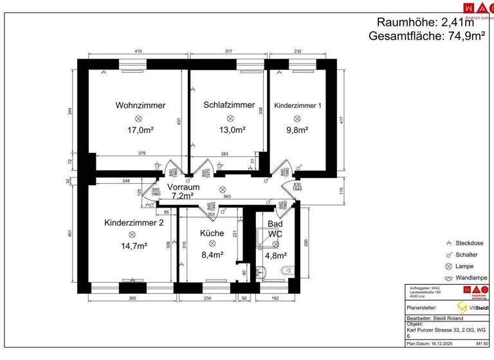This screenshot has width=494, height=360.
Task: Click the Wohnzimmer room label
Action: (140, 105)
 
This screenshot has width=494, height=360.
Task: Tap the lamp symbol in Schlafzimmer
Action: (229, 118)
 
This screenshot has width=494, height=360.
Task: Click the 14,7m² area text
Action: (132, 246)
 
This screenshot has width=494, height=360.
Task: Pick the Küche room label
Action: (212, 233)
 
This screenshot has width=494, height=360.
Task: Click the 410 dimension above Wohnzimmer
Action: (138, 51)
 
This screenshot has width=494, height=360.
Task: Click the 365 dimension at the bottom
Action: (131, 298)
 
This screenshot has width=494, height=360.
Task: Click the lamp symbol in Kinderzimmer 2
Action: (132, 235)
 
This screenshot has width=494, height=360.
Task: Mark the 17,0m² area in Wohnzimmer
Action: (140, 130)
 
